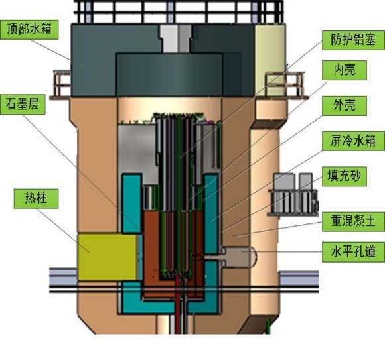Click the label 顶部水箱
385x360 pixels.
(29, 29)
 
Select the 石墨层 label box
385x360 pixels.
(23, 105)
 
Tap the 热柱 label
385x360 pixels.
(36, 198)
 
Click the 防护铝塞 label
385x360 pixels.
(353, 40)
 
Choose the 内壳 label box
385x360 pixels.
(345, 70)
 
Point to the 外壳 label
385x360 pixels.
(345, 105)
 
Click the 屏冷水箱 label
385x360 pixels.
(353, 141)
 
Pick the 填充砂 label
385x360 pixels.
(345, 176)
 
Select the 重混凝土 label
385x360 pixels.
(353, 221)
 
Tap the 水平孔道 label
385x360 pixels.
(353, 252)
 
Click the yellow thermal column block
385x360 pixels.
(108, 257)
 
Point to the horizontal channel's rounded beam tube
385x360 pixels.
(239, 257)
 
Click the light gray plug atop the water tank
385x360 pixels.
(176, 38)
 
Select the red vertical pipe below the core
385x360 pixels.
(177, 304)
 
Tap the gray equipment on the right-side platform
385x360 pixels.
(293, 194)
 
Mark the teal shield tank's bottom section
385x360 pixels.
(169, 306)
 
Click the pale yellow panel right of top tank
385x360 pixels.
(270, 60)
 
